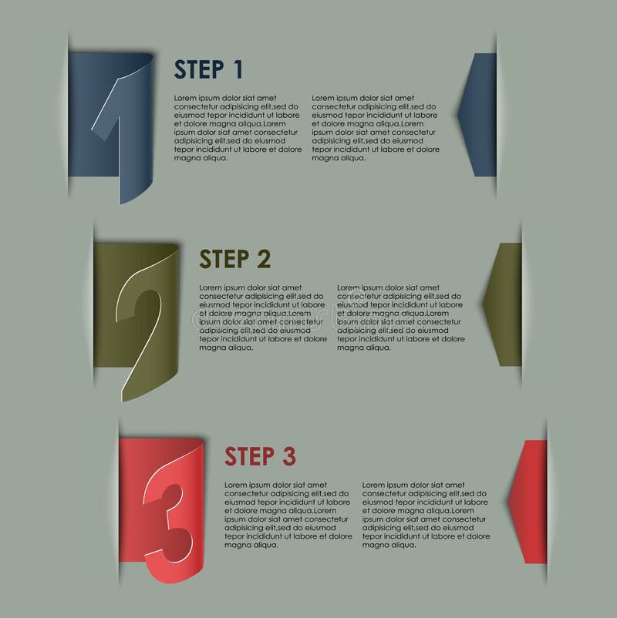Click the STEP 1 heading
208,70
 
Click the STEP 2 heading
235,259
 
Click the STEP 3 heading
261,456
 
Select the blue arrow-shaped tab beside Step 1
477,115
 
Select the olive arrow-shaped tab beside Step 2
503,304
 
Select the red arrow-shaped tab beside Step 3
528,502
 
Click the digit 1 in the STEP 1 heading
238,70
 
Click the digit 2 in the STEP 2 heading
264,259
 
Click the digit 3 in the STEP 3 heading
289,456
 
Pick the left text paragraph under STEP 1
238,128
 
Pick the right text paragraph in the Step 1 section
376,128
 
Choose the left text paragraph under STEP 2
263,317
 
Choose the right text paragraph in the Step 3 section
426,516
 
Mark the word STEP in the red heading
250,456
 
